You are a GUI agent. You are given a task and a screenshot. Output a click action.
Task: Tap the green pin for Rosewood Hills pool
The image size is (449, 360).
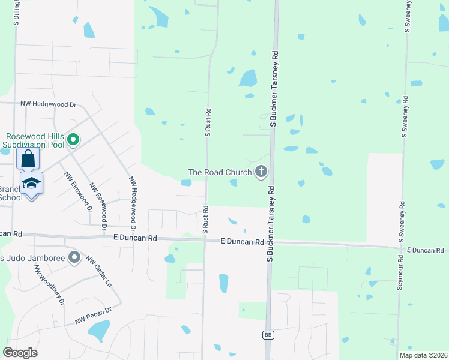pos(73,140)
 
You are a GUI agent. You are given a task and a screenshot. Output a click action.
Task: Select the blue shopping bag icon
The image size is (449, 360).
pos(28,160)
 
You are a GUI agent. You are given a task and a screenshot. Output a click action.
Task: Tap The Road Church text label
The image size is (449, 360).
pos(220,172)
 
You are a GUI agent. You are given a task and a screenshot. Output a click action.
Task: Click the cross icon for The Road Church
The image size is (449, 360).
pos(261,172)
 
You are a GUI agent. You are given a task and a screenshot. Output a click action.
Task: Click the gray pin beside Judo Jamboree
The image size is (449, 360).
pos(74,258)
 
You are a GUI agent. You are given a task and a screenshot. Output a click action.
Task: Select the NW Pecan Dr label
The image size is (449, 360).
pos(93,316)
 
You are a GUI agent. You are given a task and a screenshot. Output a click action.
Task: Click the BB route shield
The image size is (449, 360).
pos(268,335)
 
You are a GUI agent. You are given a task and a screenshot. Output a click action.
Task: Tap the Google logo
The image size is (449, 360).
pos(20,353)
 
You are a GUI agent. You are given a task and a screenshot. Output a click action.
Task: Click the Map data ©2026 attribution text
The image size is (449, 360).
pos(423,355)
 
